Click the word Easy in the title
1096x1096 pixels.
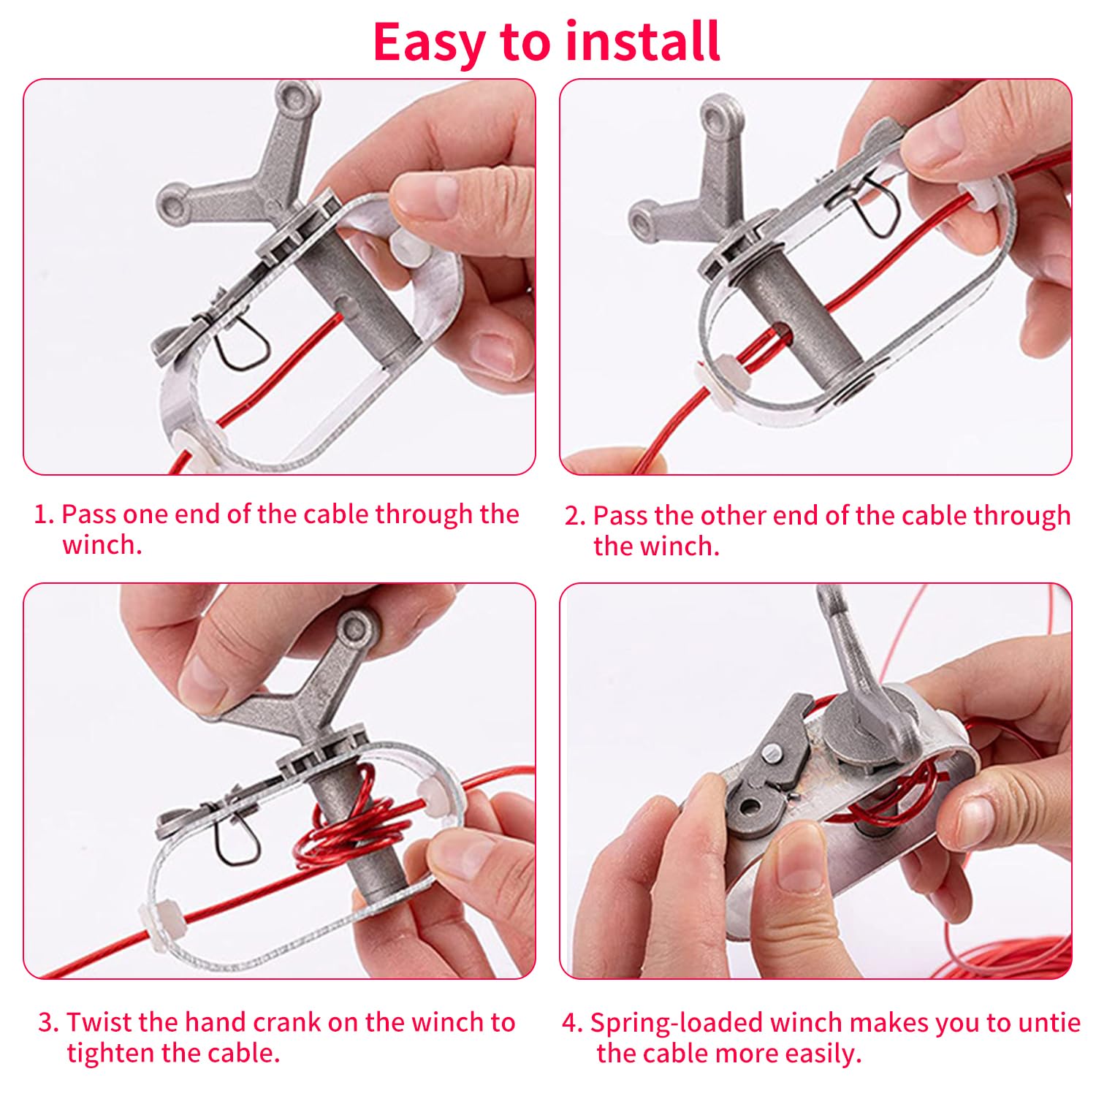pyautogui.click(x=428, y=42)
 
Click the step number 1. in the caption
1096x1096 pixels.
pyautogui.click(x=45, y=514)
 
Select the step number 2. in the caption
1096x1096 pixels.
pyautogui.click(x=576, y=516)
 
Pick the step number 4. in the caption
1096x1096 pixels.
pyautogui.click(x=573, y=1022)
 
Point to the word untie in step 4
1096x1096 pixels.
pyautogui.click(x=1048, y=1022)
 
